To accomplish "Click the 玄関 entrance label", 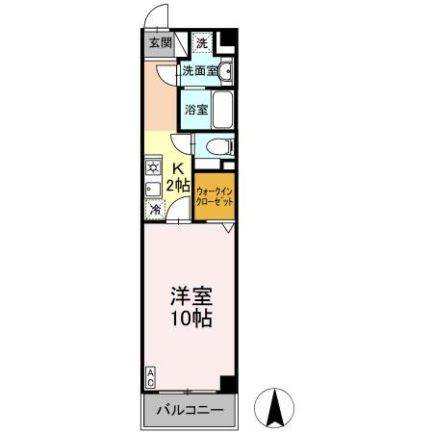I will coord(160,43).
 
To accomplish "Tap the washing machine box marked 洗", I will coord(201,42).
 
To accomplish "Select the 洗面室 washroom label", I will coord(198,71).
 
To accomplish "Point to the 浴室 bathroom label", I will coord(196,109).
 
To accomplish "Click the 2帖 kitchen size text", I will coord(177,185).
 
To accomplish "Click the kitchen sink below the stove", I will coord(152,187).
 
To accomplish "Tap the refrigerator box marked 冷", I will coord(153,210).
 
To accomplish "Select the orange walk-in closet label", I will coord(215,196).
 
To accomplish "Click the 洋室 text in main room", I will coord(190,295).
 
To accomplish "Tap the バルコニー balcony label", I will coord(191,411).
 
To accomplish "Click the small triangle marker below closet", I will coord(228,229).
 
